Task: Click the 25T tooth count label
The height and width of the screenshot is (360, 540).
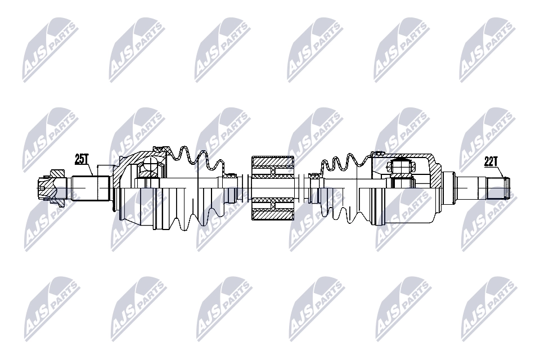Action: [x=82, y=159]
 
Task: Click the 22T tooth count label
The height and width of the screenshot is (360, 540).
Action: [x=491, y=161]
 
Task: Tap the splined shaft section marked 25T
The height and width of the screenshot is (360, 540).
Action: [x=90, y=188]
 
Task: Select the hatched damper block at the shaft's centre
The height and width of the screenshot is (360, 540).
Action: [x=272, y=188]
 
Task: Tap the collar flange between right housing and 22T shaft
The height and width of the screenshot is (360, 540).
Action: [x=449, y=187]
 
